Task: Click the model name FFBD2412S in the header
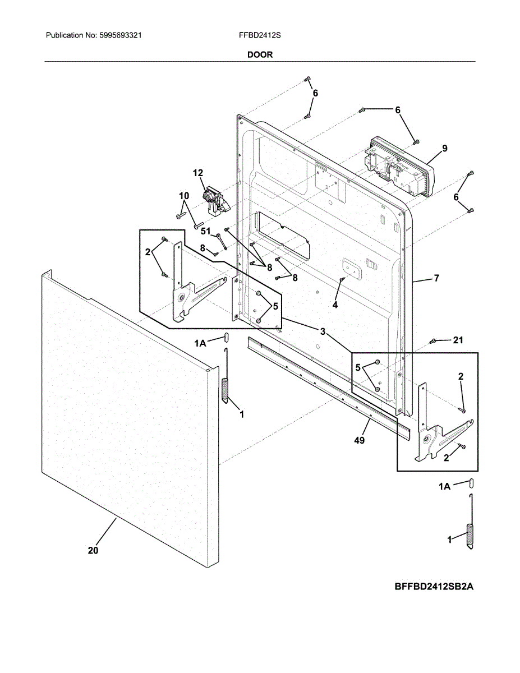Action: tap(259, 35)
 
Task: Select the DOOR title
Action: tap(260, 55)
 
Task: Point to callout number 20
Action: tap(93, 551)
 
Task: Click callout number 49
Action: tap(360, 440)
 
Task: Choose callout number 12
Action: tap(198, 173)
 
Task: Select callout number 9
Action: tap(444, 149)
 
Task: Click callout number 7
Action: tap(436, 278)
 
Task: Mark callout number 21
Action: tap(458, 340)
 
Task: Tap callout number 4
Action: tap(335, 305)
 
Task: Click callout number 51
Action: tap(205, 231)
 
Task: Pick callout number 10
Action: tap(184, 195)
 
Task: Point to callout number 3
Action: tap(323, 331)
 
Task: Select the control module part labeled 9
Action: tap(398, 167)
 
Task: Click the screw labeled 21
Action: tap(433, 341)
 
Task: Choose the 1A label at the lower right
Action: tap(444, 487)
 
